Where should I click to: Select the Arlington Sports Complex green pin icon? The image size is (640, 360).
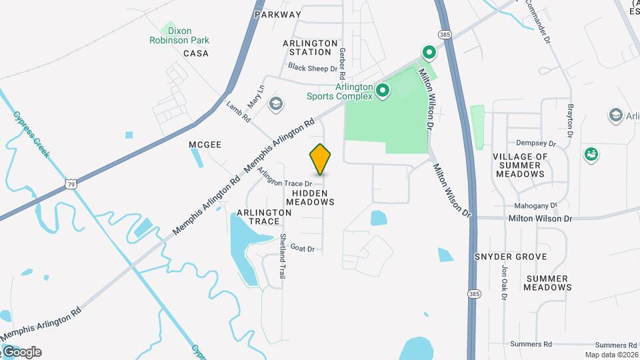pyautogui.click(x=382, y=91)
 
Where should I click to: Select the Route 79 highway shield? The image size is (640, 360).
pyautogui.click(x=70, y=183)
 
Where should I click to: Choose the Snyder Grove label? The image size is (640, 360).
pyautogui.click(x=511, y=257)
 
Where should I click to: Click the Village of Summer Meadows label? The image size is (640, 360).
pyautogui.click(x=520, y=165)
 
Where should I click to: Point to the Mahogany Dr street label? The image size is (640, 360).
pyautogui.click(x=535, y=206)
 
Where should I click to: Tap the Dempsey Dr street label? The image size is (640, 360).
pyautogui.click(x=536, y=143)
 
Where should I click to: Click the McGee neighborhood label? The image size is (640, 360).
pyautogui.click(x=205, y=144)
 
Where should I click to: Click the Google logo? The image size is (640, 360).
pyautogui.click(x=21, y=352)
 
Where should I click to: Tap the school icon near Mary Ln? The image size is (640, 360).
pyautogui.click(x=275, y=104)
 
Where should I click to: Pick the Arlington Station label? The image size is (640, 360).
pyautogui.click(x=310, y=47)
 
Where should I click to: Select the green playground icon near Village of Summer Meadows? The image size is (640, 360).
pyautogui.click(x=591, y=155)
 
